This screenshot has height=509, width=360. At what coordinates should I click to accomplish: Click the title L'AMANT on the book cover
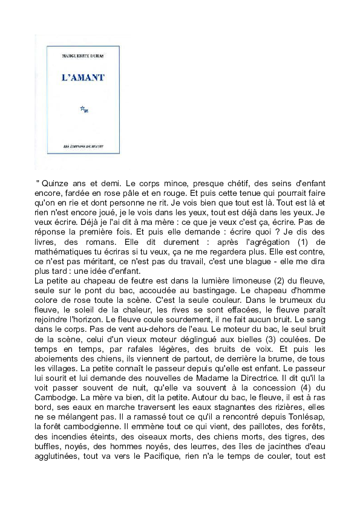(83, 77)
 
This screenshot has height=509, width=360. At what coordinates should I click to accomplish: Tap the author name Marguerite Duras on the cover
(83, 56)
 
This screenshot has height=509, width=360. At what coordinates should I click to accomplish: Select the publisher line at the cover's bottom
(83, 146)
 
